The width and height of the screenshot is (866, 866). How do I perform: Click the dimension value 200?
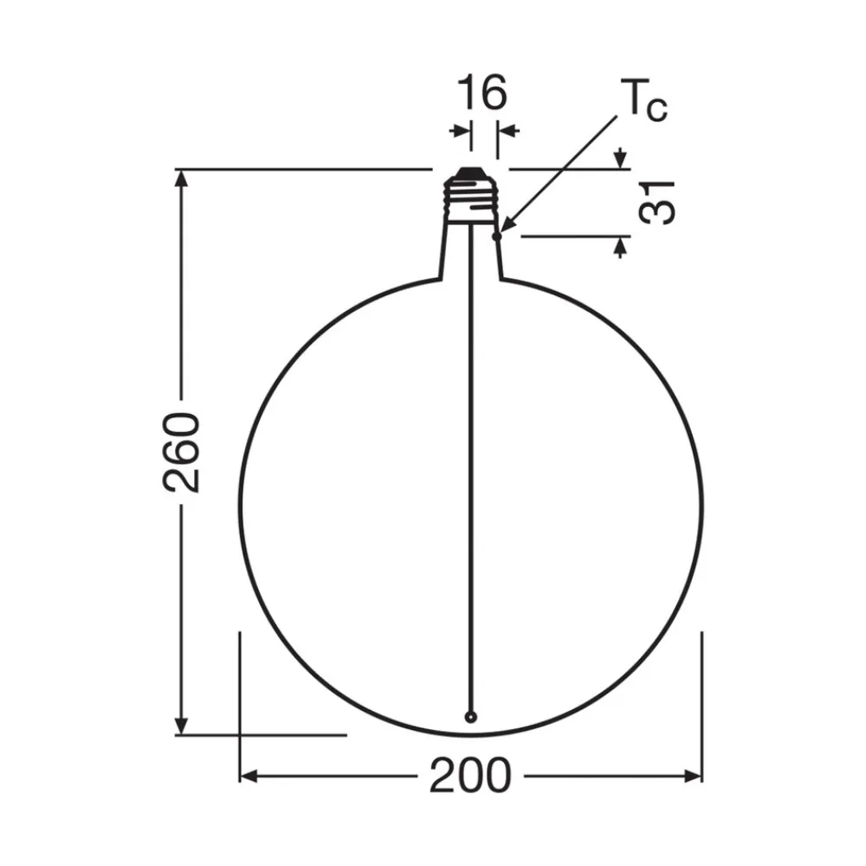click(x=470, y=775)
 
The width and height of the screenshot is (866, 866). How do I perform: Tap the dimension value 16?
click(x=481, y=93)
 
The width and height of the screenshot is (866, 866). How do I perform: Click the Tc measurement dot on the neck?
click(x=496, y=235)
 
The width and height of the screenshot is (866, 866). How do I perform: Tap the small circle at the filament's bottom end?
click(x=470, y=716)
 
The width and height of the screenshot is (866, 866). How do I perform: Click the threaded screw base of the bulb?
click(x=470, y=202)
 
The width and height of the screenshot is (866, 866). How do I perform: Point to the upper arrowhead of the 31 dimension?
click(x=620, y=160)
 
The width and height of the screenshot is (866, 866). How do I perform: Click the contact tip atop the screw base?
click(x=470, y=172)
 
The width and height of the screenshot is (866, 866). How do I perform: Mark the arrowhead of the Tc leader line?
click(x=504, y=227)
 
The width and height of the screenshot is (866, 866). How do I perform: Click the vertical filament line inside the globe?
click(x=470, y=476)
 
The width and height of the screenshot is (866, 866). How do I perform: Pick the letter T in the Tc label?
click(x=629, y=102)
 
